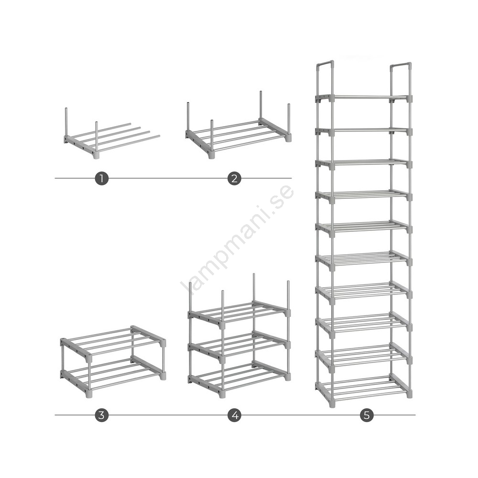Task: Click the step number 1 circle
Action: (101, 178)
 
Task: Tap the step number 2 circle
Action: (234, 178)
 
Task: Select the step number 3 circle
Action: (101, 415)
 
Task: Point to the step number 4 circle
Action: (234, 415)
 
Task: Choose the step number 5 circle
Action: (367, 415)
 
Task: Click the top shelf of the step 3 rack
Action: (113, 342)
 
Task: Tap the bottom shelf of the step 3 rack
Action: (113, 375)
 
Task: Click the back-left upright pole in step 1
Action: (66, 122)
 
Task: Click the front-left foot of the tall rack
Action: (332, 404)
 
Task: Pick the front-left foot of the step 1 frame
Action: (97, 155)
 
